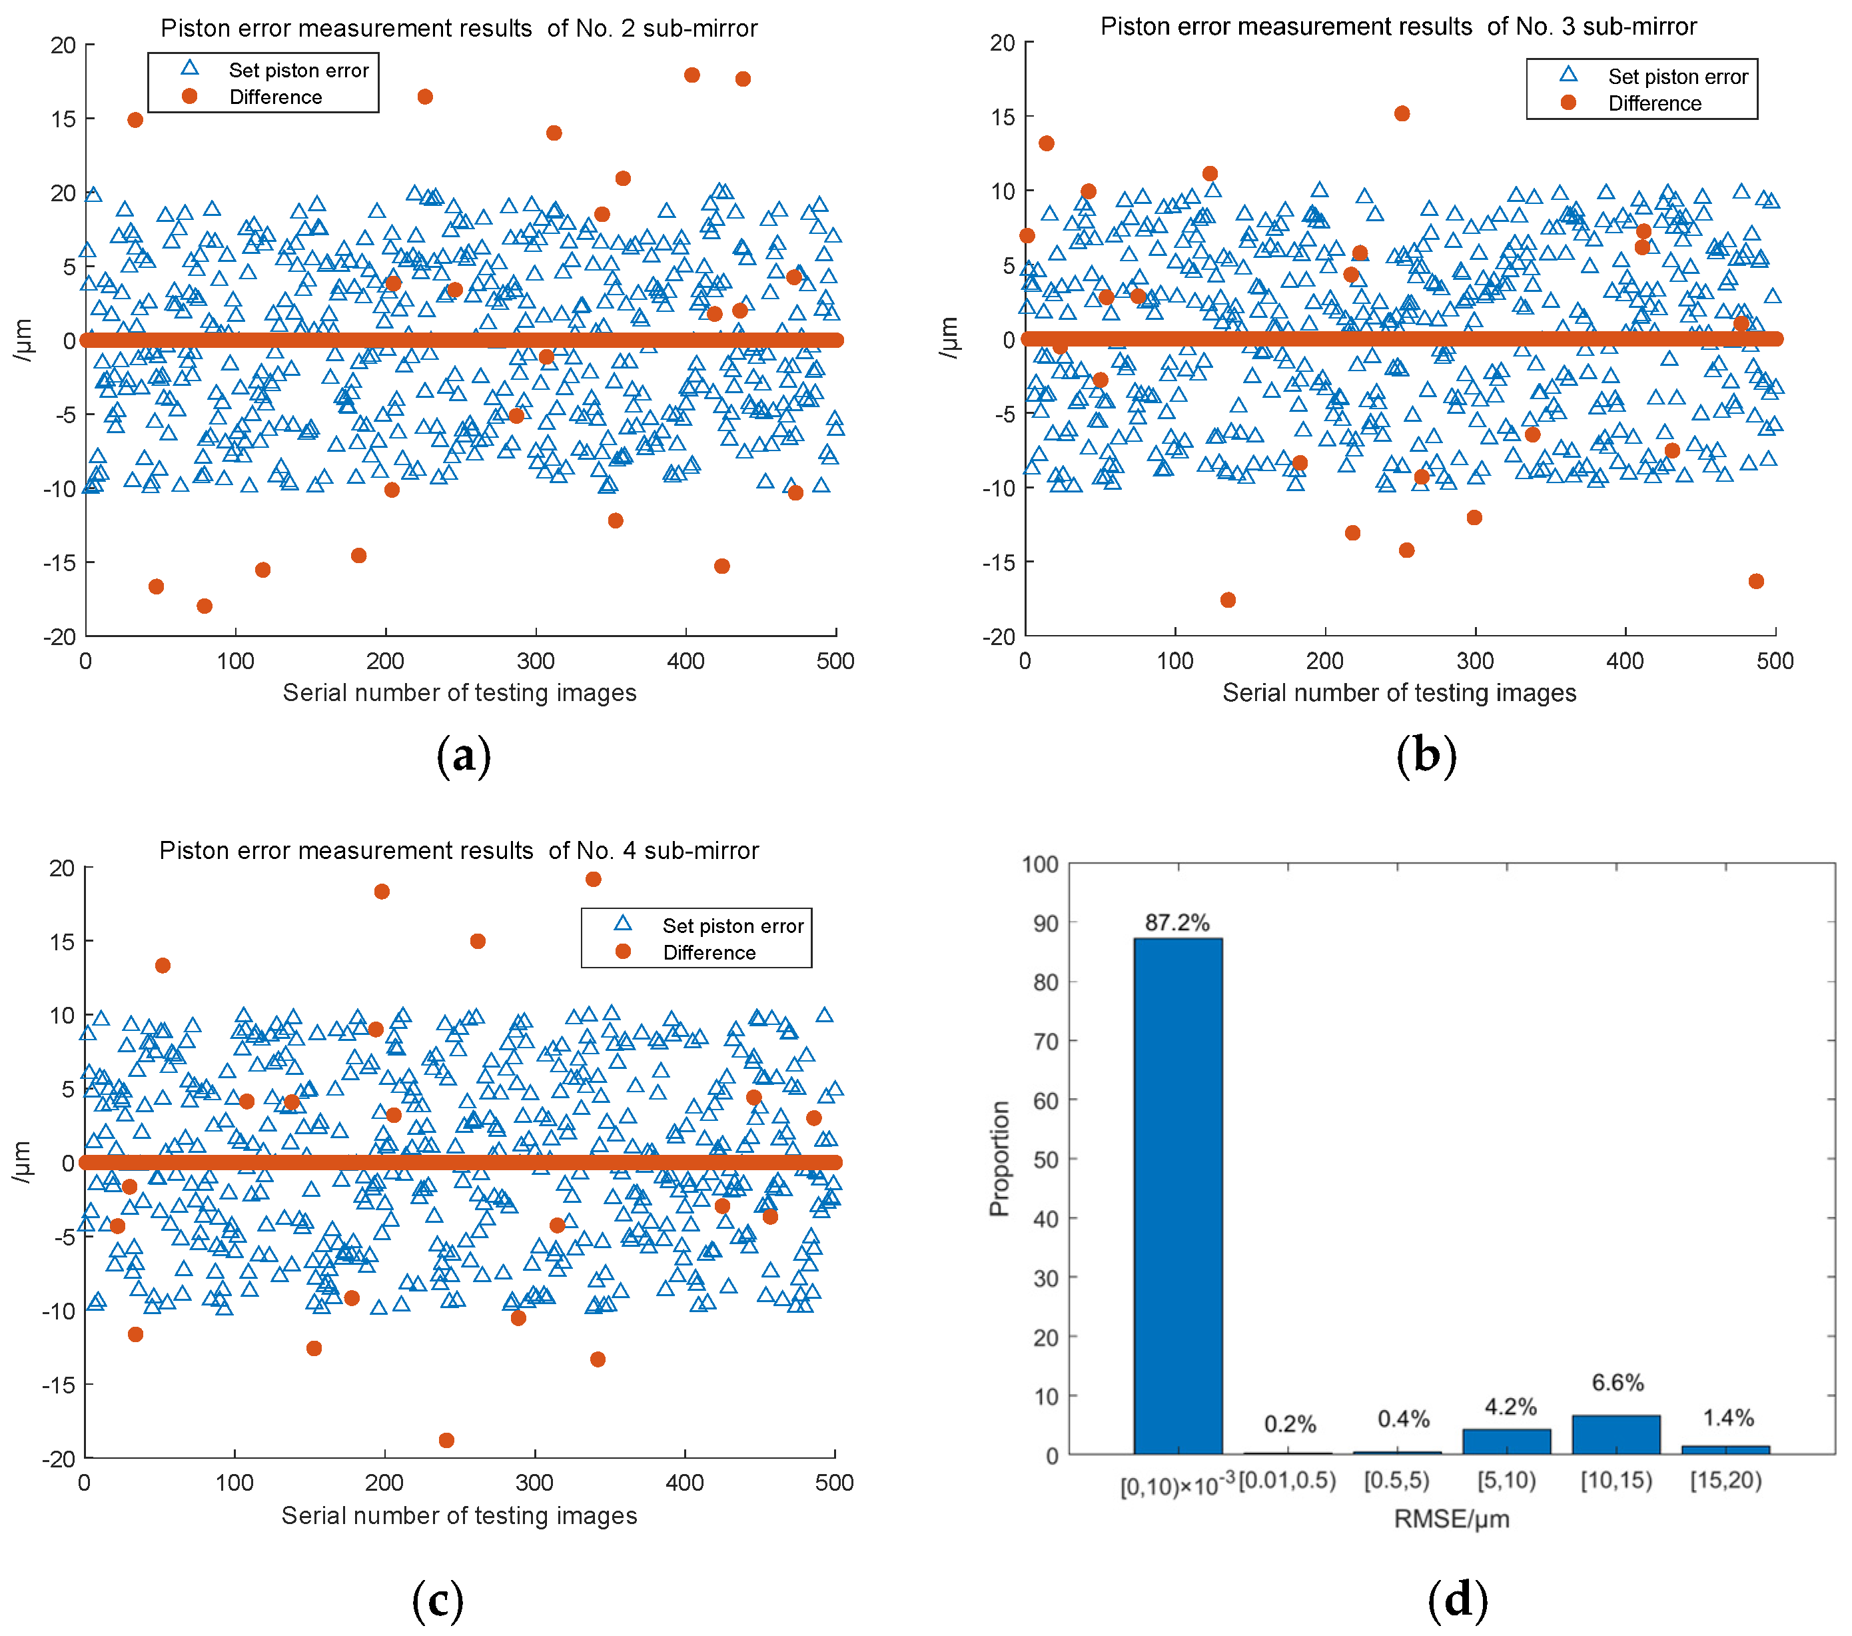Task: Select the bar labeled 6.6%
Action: point(1616,1434)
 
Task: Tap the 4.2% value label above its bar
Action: point(1510,1407)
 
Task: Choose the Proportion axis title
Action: point(999,1158)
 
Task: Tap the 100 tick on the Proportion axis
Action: point(1039,864)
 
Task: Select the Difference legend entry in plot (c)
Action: point(709,952)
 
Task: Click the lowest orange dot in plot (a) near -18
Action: point(205,606)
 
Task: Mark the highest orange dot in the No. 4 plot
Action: point(594,878)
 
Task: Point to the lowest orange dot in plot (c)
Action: point(446,1440)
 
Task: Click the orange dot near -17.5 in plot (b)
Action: point(1228,600)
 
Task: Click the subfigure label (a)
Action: point(464,755)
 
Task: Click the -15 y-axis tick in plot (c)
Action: point(60,1384)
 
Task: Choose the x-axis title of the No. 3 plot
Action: point(1399,692)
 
